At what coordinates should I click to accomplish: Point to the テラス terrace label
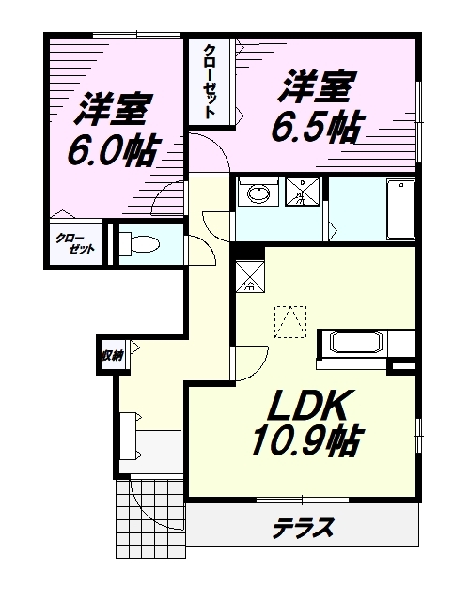(x=304, y=528)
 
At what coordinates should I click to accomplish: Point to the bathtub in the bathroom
(x=400, y=208)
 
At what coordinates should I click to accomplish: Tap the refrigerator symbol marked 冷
(x=249, y=275)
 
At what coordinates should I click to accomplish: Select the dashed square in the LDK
(x=289, y=322)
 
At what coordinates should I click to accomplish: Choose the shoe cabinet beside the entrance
(x=129, y=433)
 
